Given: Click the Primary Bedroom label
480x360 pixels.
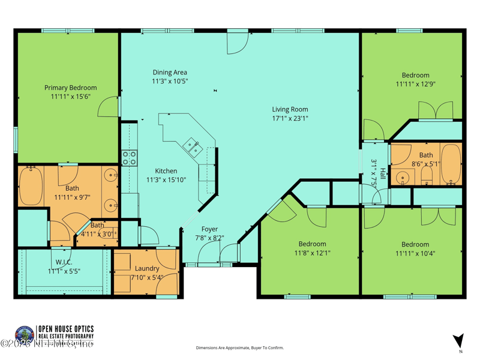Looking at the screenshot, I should [x=70, y=88].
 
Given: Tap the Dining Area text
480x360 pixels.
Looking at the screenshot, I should [x=170, y=73].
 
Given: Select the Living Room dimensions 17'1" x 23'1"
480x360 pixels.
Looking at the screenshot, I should [x=290, y=118].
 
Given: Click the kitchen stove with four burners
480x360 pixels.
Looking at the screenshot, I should [x=130, y=158].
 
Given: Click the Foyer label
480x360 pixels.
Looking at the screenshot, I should [x=209, y=229].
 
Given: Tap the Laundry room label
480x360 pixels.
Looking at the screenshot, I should [x=147, y=269].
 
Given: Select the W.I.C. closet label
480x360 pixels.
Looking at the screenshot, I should [x=64, y=262].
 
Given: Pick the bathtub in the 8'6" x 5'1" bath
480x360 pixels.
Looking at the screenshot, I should [x=451, y=164].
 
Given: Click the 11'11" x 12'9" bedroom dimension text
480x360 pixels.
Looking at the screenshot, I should [x=415, y=84].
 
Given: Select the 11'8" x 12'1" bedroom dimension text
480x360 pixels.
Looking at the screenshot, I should [x=313, y=253].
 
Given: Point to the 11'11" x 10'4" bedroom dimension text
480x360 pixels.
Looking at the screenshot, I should [x=415, y=253].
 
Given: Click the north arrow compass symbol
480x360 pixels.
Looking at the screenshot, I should [x=459, y=340].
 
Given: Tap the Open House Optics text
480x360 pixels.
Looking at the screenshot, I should [x=66, y=329].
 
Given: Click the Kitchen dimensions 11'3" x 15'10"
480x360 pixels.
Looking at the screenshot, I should [x=166, y=179].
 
